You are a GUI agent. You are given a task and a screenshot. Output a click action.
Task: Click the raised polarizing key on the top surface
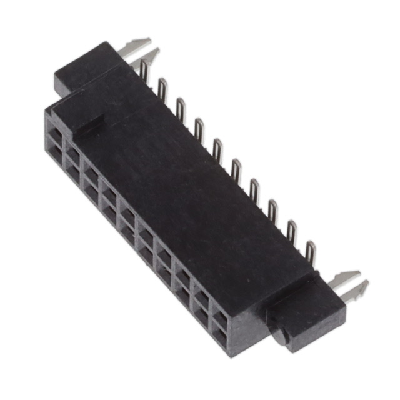(81, 119)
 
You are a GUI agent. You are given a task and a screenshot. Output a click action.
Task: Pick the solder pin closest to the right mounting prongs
(310, 250)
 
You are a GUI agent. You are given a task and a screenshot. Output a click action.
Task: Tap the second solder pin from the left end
(162, 88)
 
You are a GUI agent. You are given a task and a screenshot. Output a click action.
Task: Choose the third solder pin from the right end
(273, 209)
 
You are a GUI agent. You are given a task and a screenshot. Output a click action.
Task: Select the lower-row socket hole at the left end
(56, 154)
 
